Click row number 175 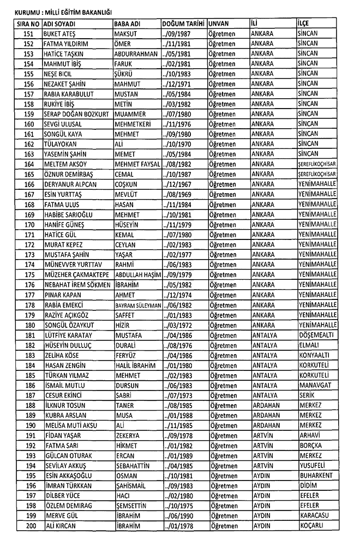click(x=29, y=274)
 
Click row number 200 click(x=29, y=526)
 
